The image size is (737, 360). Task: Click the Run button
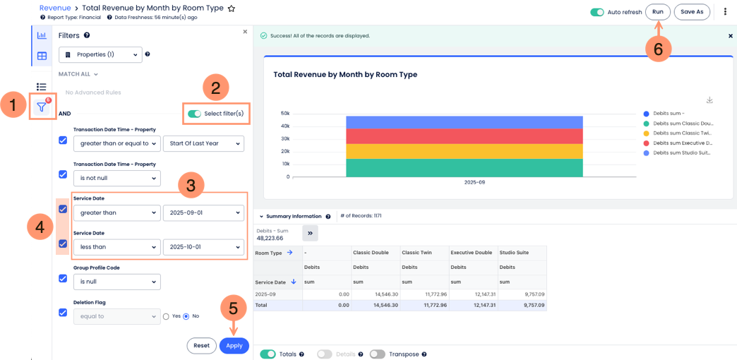point(657,12)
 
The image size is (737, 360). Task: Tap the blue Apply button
point(234,345)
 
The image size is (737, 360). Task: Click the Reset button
point(202,345)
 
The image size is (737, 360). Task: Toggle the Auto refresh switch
point(597,12)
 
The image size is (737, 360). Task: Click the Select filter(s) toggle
point(194,114)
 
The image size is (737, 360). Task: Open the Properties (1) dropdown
point(100,54)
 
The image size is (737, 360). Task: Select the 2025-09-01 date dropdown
point(203,212)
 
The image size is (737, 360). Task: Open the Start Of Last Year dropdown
point(203,143)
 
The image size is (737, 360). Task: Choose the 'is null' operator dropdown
point(117,282)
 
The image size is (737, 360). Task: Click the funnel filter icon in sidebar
point(42,107)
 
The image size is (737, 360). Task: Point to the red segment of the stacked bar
point(465,136)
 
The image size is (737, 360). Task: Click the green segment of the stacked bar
point(465,168)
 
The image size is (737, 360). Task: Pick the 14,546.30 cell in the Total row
point(377,305)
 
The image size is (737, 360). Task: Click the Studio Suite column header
point(514,253)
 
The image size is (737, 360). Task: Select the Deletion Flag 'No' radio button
point(186,316)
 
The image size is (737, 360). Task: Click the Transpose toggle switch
point(378,354)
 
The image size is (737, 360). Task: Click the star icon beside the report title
point(232,8)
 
